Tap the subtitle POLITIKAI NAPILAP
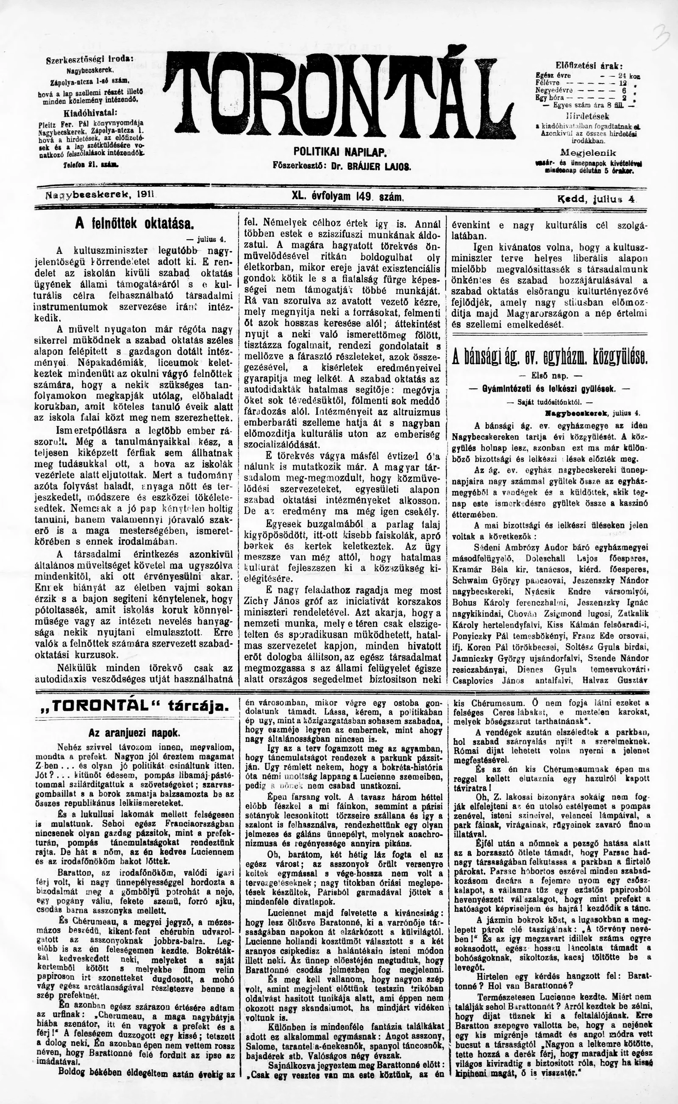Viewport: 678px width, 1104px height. tap(342, 153)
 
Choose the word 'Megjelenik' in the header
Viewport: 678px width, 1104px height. tap(588, 152)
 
